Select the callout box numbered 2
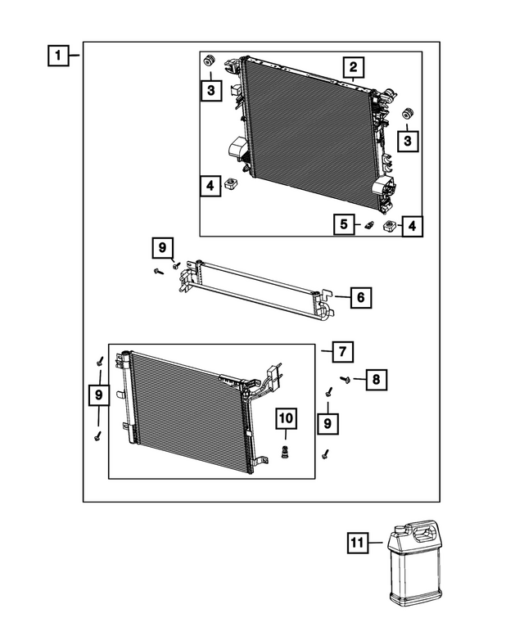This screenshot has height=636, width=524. [353, 67]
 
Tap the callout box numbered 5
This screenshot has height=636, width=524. [345, 223]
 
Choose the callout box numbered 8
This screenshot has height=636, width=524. [375, 379]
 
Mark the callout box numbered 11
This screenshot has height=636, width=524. [357, 542]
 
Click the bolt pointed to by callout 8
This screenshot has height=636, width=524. [346, 379]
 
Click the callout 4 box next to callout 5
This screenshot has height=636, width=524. [411, 224]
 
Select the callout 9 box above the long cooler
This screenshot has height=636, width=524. [162, 246]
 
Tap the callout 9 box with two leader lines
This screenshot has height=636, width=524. [98, 396]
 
